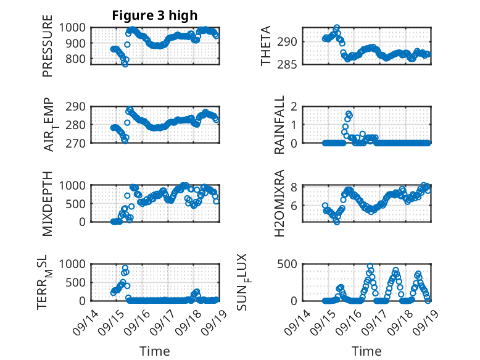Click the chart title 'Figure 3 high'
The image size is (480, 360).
(x=155, y=15)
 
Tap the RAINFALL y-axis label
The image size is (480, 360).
(x=279, y=124)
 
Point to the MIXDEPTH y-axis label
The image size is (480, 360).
(x=48, y=203)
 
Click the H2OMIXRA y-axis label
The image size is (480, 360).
(x=279, y=203)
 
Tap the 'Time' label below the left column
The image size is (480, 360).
(x=155, y=351)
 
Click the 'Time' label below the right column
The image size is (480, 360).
(x=366, y=351)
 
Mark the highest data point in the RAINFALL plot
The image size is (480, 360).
(x=349, y=114)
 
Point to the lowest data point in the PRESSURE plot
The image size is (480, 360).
(x=125, y=64)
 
